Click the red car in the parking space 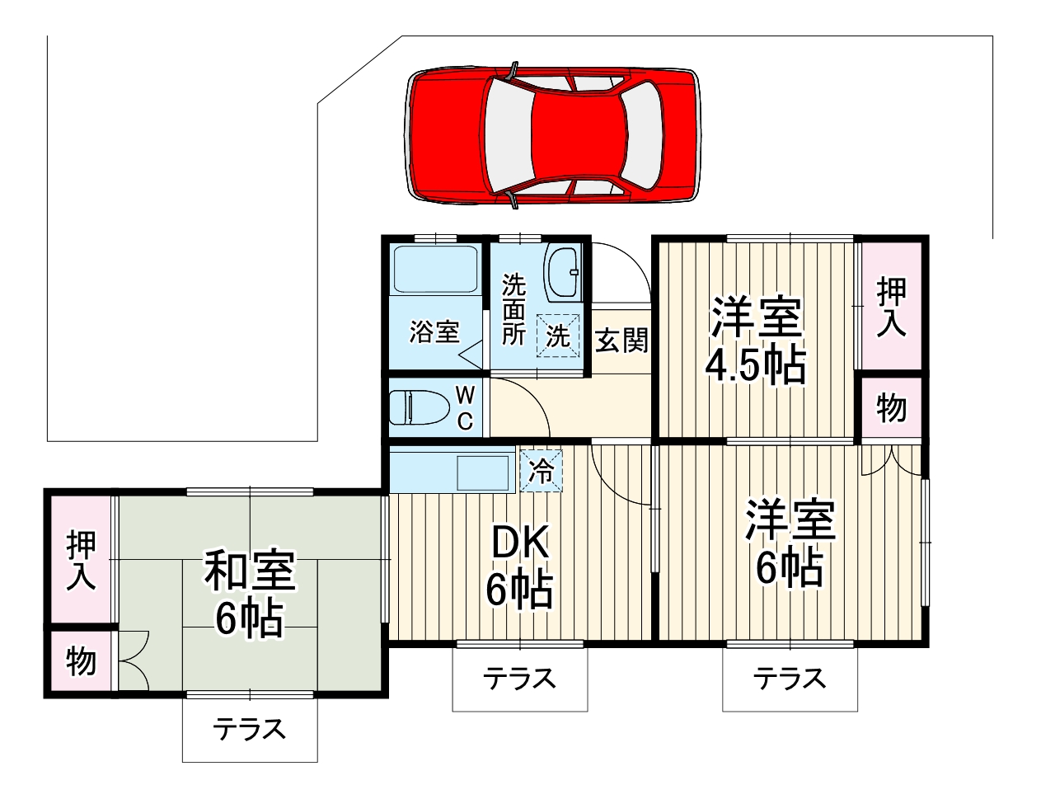552,134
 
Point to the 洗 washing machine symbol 559,336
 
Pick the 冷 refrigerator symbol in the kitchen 542,471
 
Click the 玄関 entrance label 621,340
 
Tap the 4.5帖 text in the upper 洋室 755,366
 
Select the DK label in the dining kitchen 520,544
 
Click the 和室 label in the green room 250,571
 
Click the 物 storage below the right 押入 892,407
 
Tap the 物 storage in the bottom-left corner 81,661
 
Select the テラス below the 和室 250,729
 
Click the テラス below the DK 520,679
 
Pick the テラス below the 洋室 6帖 790,679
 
